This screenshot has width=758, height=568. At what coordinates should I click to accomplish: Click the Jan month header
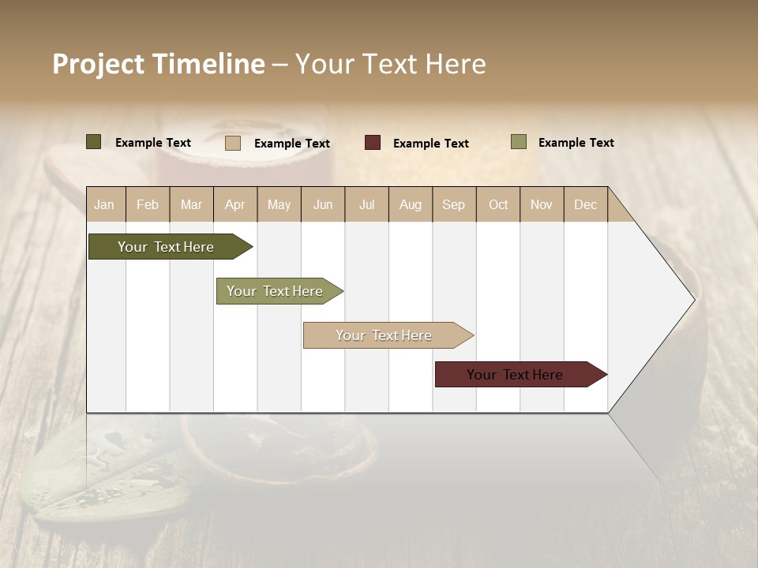click(x=105, y=204)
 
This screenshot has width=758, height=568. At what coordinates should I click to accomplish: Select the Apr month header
click(x=235, y=204)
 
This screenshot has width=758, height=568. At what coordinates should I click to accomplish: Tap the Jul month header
click(x=366, y=204)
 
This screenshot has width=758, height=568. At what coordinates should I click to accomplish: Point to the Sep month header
click(x=453, y=204)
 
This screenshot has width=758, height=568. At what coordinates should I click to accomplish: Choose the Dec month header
click(x=585, y=204)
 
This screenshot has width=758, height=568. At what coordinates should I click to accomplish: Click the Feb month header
click(x=148, y=204)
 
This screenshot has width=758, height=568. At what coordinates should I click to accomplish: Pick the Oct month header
click(x=498, y=204)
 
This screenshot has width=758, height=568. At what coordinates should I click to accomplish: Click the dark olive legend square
click(x=94, y=142)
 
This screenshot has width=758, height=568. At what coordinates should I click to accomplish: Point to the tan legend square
click(x=233, y=143)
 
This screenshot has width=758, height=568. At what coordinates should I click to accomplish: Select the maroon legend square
click(x=373, y=143)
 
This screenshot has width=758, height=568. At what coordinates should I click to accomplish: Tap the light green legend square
click(x=519, y=142)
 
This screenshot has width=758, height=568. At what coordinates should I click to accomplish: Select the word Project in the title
click(x=99, y=64)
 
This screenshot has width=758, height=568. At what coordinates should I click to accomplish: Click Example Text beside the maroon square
click(x=430, y=144)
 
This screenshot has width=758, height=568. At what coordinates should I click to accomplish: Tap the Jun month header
click(x=323, y=204)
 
